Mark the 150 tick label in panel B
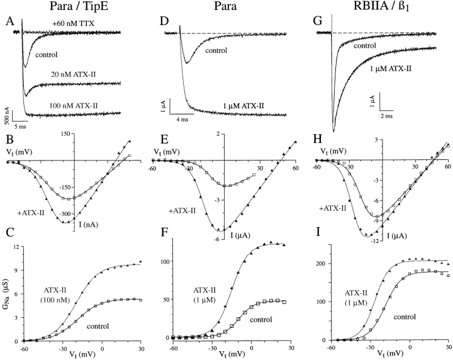82,135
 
